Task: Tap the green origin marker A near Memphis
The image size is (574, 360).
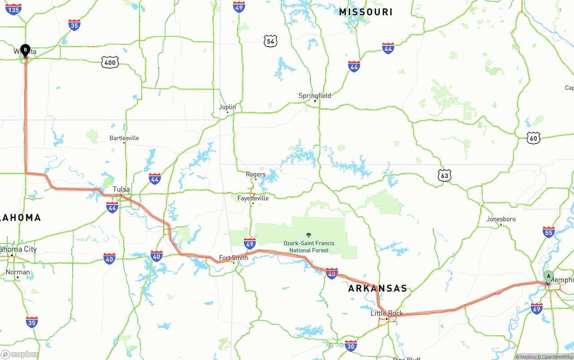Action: click(x=548, y=276)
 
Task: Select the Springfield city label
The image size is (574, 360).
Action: click(x=315, y=95)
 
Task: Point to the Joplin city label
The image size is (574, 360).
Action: click(x=227, y=107)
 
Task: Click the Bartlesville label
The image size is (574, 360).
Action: click(x=124, y=138)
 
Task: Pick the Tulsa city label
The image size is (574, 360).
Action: click(x=121, y=189)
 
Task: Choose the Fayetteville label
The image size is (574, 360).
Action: click(x=253, y=198)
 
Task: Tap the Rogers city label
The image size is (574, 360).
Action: click(x=256, y=174)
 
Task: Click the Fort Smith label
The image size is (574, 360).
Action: click(x=233, y=258)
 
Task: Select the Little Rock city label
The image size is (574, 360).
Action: click(x=387, y=313)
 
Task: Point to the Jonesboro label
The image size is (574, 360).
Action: click(x=501, y=219)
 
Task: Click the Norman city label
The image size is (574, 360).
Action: click(x=18, y=272)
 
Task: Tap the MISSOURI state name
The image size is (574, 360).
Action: click(x=365, y=12)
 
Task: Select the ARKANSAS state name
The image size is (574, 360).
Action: click(x=378, y=288)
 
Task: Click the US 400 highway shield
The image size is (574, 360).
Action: click(x=110, y=62)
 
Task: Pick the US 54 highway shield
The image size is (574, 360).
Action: click(x=270, y=42)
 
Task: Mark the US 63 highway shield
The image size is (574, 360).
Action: click(x=444, y=176)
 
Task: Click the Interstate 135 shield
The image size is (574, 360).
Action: click(x=13, y=9)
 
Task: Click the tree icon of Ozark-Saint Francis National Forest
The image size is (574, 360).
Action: click(x=309, y=234)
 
